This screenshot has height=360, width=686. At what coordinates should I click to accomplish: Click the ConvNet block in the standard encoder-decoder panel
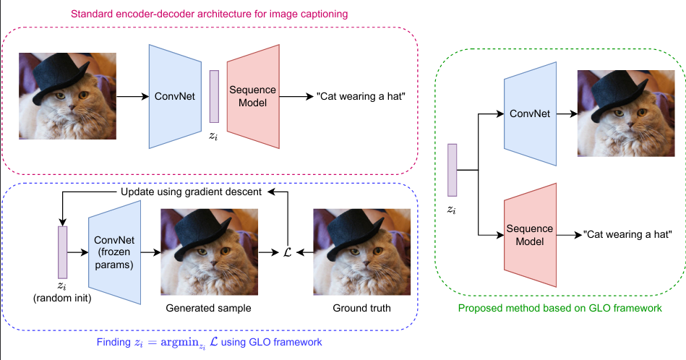click(174, 97)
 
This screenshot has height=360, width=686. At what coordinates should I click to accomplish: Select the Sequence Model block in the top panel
click(252, 97)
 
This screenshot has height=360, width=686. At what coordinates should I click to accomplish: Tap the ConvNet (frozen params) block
click(114, 252)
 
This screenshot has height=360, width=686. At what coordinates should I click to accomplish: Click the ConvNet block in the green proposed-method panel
click(530, 114)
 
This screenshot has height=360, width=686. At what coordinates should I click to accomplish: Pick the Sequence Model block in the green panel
click(529, 235)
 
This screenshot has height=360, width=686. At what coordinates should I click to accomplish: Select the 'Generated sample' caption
click(208, 309)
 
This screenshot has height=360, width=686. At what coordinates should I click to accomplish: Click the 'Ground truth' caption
click(361, 309)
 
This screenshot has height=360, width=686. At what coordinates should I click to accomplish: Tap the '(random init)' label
click(61, 296)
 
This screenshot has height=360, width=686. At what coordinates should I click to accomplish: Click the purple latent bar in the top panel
click(214, 96)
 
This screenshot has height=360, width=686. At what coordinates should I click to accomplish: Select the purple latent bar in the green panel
click(453, 171)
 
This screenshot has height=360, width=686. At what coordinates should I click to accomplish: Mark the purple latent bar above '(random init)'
click(61, 252)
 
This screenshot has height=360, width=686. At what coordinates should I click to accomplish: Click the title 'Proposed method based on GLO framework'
click(560, 308)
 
